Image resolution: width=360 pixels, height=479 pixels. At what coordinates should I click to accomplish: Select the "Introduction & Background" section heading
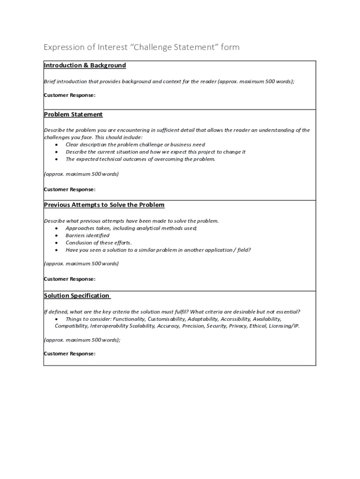point(85,65)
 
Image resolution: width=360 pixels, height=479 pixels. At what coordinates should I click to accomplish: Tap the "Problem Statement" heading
point(73,115)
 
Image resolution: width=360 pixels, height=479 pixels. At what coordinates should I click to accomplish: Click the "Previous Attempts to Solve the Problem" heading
point(104,205)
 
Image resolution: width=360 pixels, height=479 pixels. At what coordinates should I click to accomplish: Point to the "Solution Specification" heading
point(77,296)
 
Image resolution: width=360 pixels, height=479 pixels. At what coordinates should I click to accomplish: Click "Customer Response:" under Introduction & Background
point(70,95)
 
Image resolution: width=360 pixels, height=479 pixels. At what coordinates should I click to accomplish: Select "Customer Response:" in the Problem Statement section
point(70,189)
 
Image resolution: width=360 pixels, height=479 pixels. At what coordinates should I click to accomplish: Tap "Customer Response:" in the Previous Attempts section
point(70,279)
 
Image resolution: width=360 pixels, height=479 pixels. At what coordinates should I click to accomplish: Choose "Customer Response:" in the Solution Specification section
point(70,354)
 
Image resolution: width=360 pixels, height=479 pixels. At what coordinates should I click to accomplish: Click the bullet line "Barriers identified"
point(87,236)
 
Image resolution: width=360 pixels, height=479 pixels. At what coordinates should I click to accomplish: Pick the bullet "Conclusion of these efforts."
point(99,243)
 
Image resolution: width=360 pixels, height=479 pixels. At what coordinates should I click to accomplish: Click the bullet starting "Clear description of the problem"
point(135,145)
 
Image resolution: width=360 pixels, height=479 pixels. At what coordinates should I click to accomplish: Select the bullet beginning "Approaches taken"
point(131,228)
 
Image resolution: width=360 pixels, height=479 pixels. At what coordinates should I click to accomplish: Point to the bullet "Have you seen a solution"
point(158,250)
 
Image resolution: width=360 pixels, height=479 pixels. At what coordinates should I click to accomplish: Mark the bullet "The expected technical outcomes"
point(140,159)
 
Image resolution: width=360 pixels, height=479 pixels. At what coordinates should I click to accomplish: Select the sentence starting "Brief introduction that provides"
point(169,81)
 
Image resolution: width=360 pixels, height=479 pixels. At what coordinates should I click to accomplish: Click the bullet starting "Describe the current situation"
point(155,152)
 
